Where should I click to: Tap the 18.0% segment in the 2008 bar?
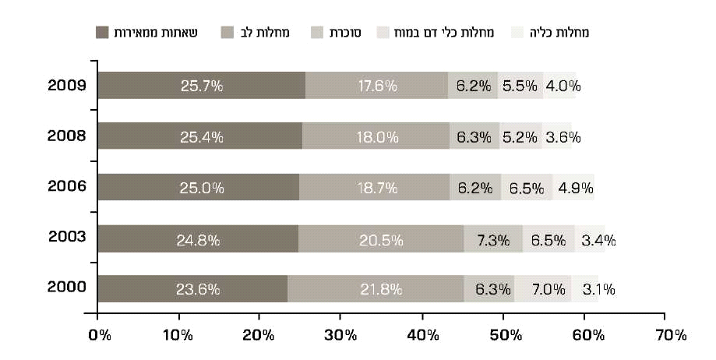point(376,136)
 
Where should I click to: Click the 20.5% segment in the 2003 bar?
point(380,239)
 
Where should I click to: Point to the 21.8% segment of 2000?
point(376,290)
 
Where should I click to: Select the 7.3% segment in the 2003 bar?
point(492,239)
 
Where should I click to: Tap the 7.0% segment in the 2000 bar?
point(542,290)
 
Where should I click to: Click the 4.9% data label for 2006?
point(575,188)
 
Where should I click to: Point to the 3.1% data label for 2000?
point(598,290)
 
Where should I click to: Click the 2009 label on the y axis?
point(66,85)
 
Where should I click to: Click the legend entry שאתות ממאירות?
point(152,32)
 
